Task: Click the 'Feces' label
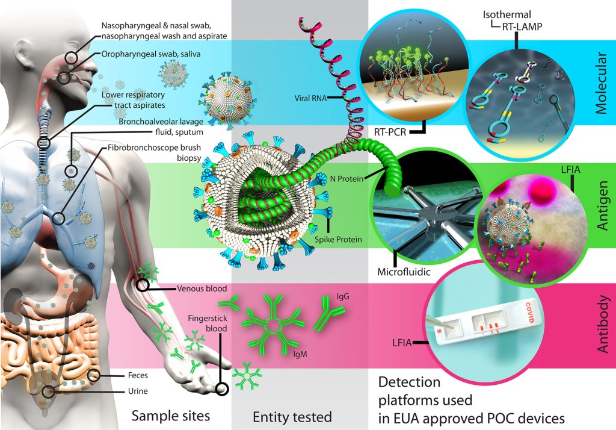point(137,375)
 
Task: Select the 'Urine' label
point(137,391)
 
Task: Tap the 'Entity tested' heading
point(292,417)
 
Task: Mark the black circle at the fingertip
point(222,389)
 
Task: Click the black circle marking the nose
point(72,58)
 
